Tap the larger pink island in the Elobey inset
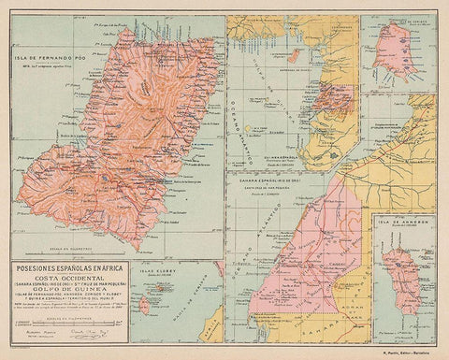click(145, 306)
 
